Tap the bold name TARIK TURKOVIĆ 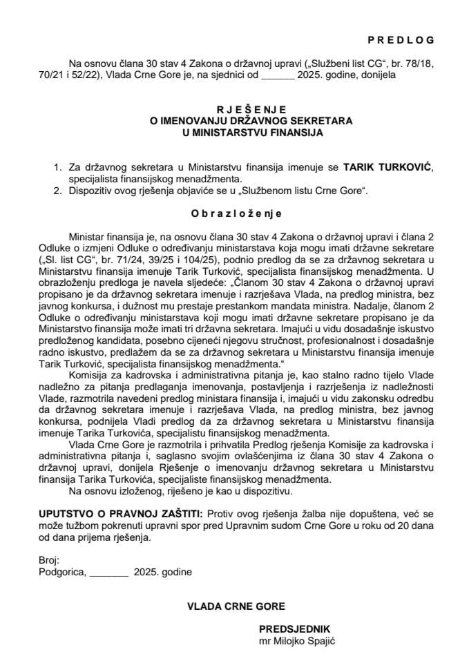[382, 168]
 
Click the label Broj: [49, 560]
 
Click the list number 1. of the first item [57, 168]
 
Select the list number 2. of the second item [57, 191]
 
